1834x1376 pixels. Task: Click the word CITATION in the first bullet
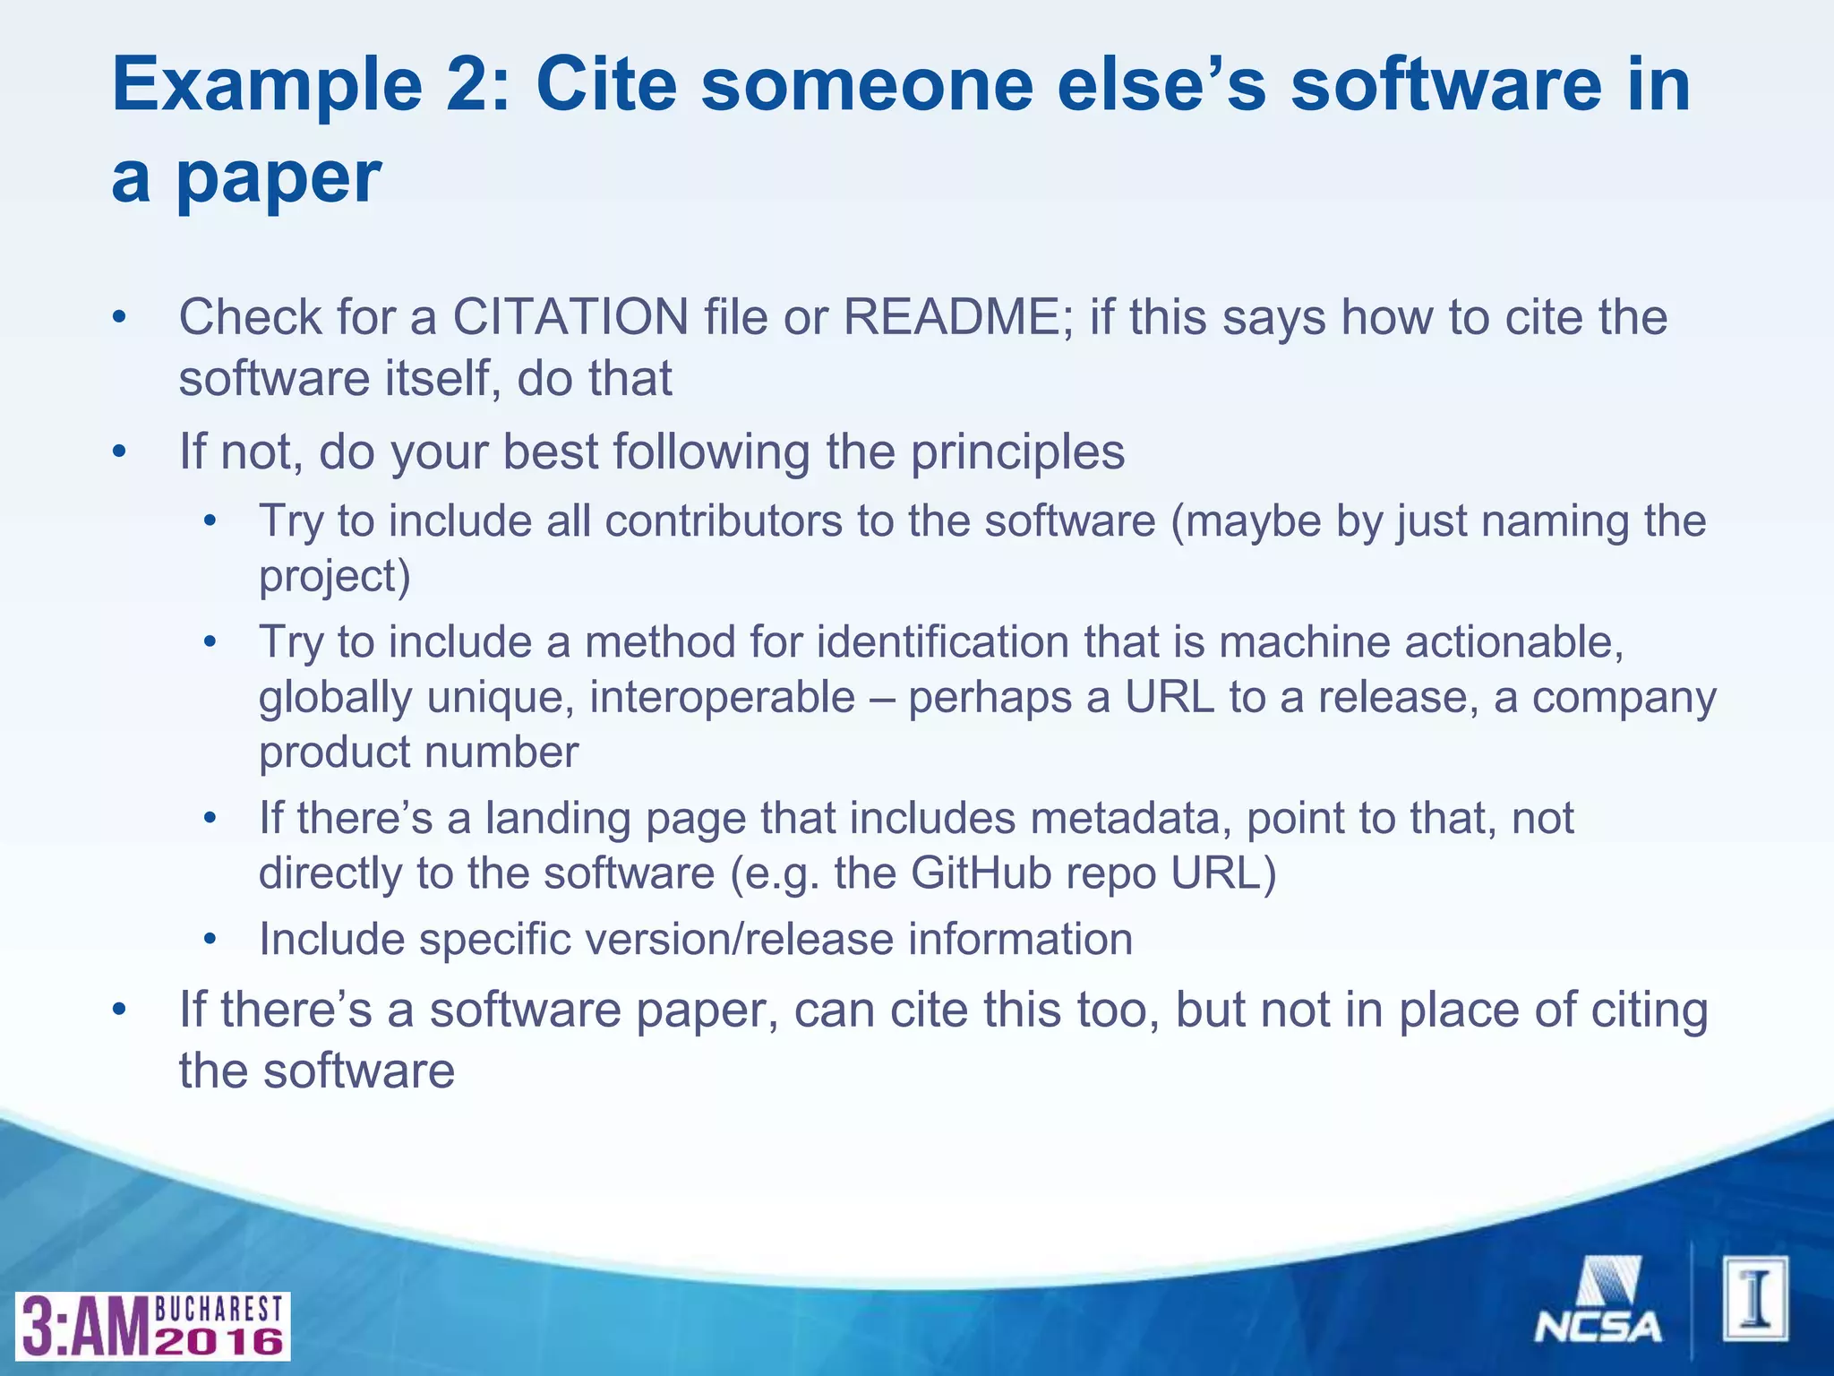[x=570, y=317]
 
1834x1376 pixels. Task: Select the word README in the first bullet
[x=952, y=317]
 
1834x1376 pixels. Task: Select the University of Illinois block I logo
[x=1755, y=1298]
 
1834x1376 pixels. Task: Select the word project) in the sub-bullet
[x=334, y=576]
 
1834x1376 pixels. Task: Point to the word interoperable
[x=722, y=697]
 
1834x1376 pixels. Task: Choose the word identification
[x=942, y=642]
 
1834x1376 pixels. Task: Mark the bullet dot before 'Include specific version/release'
[x=210, y=941]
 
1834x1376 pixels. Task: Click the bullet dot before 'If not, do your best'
[x=119, y=452]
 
